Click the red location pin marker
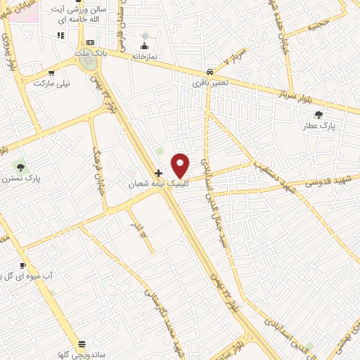[180, 165]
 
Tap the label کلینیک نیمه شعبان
[158, 183]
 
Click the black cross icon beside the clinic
[158, 173]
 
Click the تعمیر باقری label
[210, 82]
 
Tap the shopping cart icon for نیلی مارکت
[51, 73]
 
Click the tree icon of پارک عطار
[319, 115]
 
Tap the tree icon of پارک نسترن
[20, 167]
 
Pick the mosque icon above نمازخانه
[146, 36]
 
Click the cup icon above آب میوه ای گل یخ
[23, 266]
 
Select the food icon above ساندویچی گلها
[82, 344]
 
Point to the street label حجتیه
[316, 27]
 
